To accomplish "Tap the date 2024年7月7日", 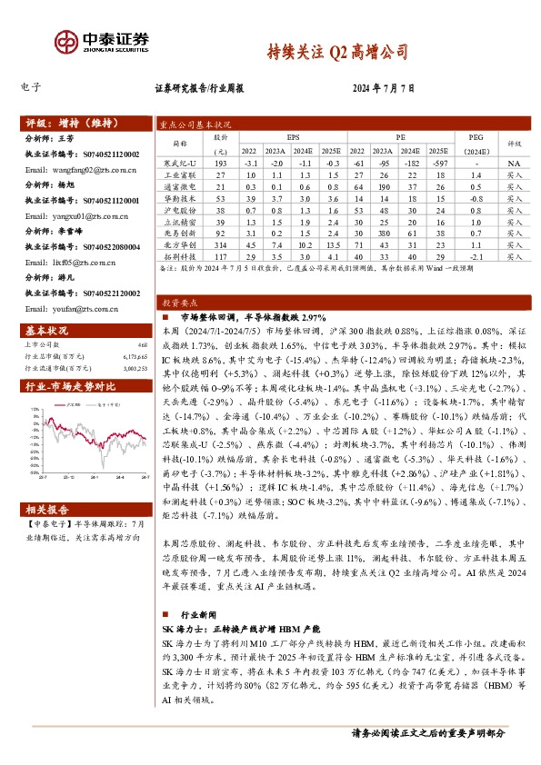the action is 382,89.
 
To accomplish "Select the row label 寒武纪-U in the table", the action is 180,161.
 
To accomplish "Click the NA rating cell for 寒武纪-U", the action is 515,161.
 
